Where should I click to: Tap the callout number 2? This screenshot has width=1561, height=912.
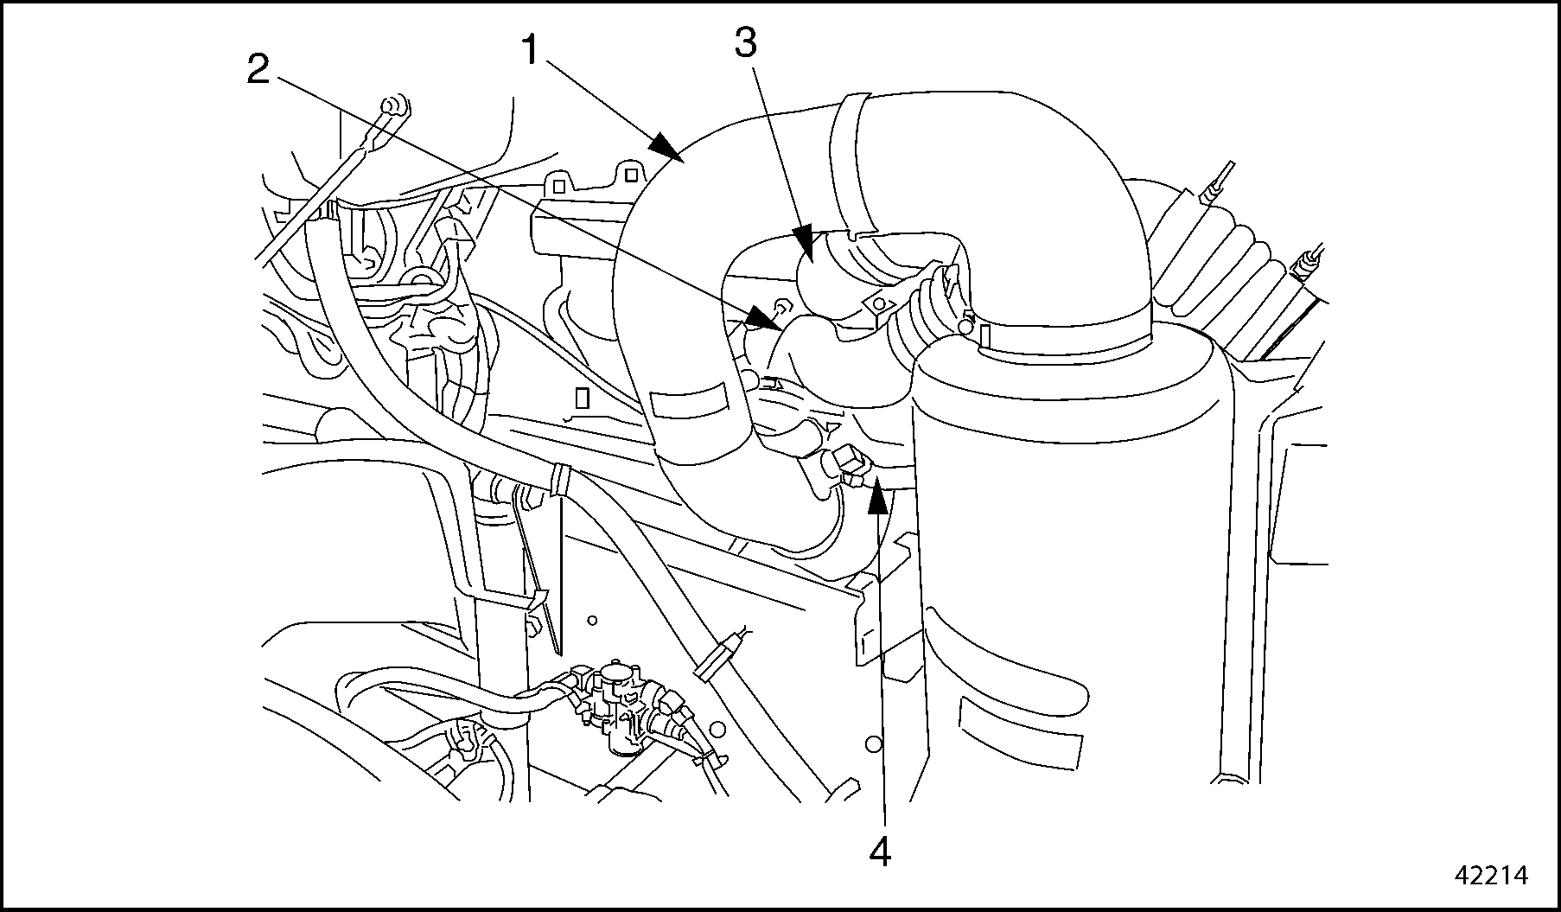point(258,68)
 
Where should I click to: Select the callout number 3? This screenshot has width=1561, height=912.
point(745,41)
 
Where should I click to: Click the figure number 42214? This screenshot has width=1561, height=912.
point(1492,875)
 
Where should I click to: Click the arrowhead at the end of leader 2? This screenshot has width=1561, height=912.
point(765,320)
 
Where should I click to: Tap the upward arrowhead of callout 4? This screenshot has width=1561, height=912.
point(878,497)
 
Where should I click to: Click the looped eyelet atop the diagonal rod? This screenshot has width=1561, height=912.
point(393,107)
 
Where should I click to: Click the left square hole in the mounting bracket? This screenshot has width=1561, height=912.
point(559,186)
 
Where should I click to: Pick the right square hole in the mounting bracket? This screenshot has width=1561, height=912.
point(632,175)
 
